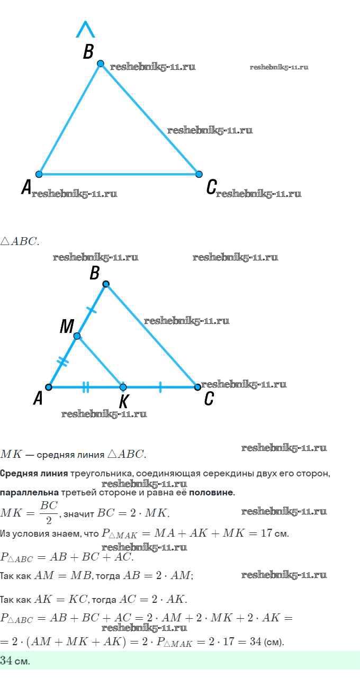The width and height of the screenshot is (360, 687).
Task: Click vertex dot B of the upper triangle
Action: click(x=101, y=64)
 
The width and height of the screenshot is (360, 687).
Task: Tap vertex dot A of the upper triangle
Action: click(x=39, y=174)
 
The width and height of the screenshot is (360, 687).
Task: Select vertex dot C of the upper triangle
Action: click(x=199, y=174)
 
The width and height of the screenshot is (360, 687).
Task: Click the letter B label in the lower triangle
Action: click(x=95, y=273)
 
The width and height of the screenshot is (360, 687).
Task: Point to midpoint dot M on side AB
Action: click(x=77, y=336)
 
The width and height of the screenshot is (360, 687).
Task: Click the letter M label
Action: click(x=66, y=327)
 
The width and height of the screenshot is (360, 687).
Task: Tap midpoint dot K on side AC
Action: click(x=123, y=387)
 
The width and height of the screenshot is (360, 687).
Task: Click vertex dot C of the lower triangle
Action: click(x=197, y=387)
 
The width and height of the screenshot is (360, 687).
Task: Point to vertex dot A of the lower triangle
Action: click(x=49, y=387)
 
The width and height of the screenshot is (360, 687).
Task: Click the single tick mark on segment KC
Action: click(x=160, y=387)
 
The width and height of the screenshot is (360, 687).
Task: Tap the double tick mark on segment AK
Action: click(x=86, y=387)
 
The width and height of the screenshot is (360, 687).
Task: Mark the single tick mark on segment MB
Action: click(x=92, y=310)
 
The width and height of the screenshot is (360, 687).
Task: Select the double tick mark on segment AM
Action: click(x=63, y=362)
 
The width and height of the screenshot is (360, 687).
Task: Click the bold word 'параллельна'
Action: click(x=29, y=493)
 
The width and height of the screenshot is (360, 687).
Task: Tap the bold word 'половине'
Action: click(x=212, y=493)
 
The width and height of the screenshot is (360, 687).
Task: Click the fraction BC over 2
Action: click(x=48, y=512)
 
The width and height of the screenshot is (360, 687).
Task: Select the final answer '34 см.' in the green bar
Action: click(x=15, y=661)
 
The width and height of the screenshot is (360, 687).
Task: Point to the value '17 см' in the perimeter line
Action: click(x=275, y=533)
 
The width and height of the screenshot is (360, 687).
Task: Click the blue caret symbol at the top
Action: click(x=85, y=29)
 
